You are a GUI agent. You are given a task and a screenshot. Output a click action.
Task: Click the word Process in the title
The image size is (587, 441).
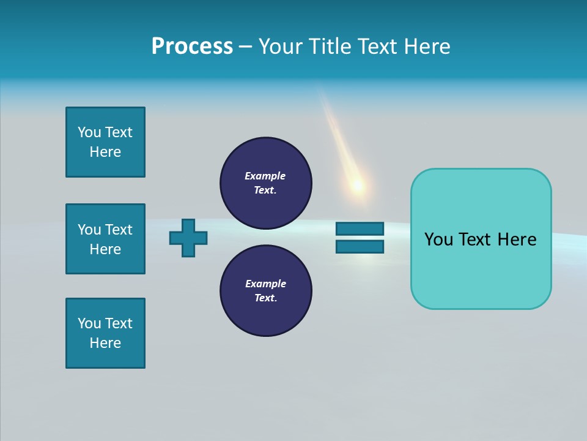click(192, 47)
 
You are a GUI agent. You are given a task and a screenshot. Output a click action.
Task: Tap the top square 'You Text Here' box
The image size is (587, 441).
click(105, 142)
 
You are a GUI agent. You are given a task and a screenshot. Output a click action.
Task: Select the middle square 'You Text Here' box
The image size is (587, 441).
click(105, 239)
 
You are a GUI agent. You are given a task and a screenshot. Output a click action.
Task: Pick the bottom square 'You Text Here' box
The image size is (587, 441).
click(105, 333)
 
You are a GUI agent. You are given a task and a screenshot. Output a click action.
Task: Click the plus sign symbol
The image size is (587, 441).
click(188, 238)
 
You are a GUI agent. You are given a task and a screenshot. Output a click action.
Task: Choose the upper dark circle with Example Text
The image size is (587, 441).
click(265, 183)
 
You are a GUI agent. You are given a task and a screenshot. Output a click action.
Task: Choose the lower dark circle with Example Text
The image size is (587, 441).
click(265, 291)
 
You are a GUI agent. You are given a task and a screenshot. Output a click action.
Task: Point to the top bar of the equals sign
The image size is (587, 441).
click(360, 228)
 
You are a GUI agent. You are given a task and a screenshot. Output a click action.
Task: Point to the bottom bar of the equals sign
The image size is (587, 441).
click(360, 247)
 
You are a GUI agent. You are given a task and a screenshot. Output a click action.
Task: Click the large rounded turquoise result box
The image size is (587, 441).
click(481, 269)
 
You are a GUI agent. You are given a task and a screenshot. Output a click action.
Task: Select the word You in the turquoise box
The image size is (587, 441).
click(438, 239)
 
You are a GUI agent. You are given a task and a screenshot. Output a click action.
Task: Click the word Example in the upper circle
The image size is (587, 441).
click(265, 176)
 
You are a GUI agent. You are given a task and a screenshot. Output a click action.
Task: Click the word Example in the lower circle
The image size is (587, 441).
click(265, 284)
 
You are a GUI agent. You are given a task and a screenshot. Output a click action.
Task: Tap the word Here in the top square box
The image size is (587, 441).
click(105, 152)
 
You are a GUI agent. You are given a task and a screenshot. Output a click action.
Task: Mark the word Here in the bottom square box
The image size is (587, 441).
click(105, 343)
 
